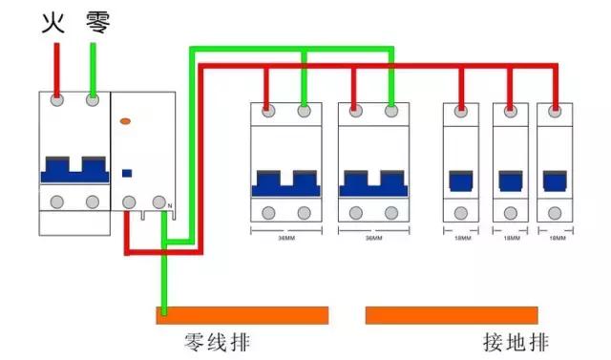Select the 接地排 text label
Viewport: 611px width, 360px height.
516,342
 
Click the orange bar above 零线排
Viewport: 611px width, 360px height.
242,315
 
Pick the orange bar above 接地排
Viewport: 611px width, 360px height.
452,315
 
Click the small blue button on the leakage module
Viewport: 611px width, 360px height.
126,173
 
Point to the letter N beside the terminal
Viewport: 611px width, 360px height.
170,207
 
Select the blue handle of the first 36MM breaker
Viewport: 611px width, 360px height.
285,181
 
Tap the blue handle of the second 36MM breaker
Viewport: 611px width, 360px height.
373,181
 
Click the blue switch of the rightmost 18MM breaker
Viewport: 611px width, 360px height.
553,180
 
